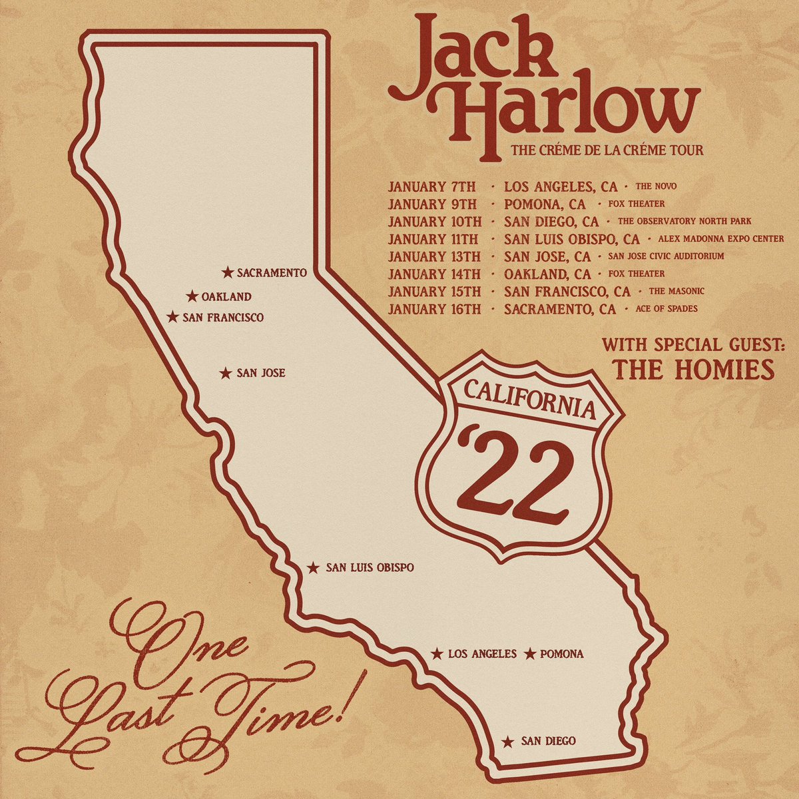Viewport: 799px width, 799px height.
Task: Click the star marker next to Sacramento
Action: (228, 272)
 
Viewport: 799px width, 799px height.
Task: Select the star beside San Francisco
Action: (172, 318)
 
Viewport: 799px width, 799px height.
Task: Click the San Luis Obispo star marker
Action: (312, 568)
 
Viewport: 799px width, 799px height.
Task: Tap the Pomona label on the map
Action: (562, 654)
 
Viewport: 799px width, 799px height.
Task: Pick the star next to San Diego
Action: (508, 741)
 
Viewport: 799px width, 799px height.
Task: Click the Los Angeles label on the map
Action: (482, 654)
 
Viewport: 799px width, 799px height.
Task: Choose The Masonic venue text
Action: (676, 292)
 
